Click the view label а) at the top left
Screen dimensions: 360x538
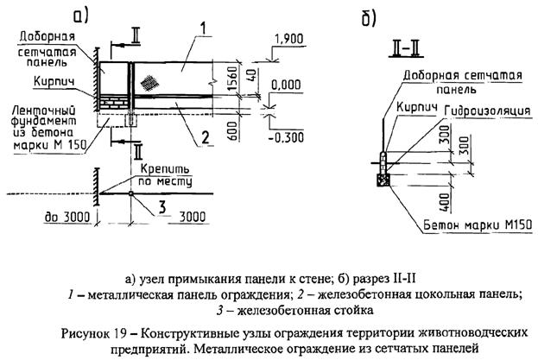pyautogui.click(x=84, y=15)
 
